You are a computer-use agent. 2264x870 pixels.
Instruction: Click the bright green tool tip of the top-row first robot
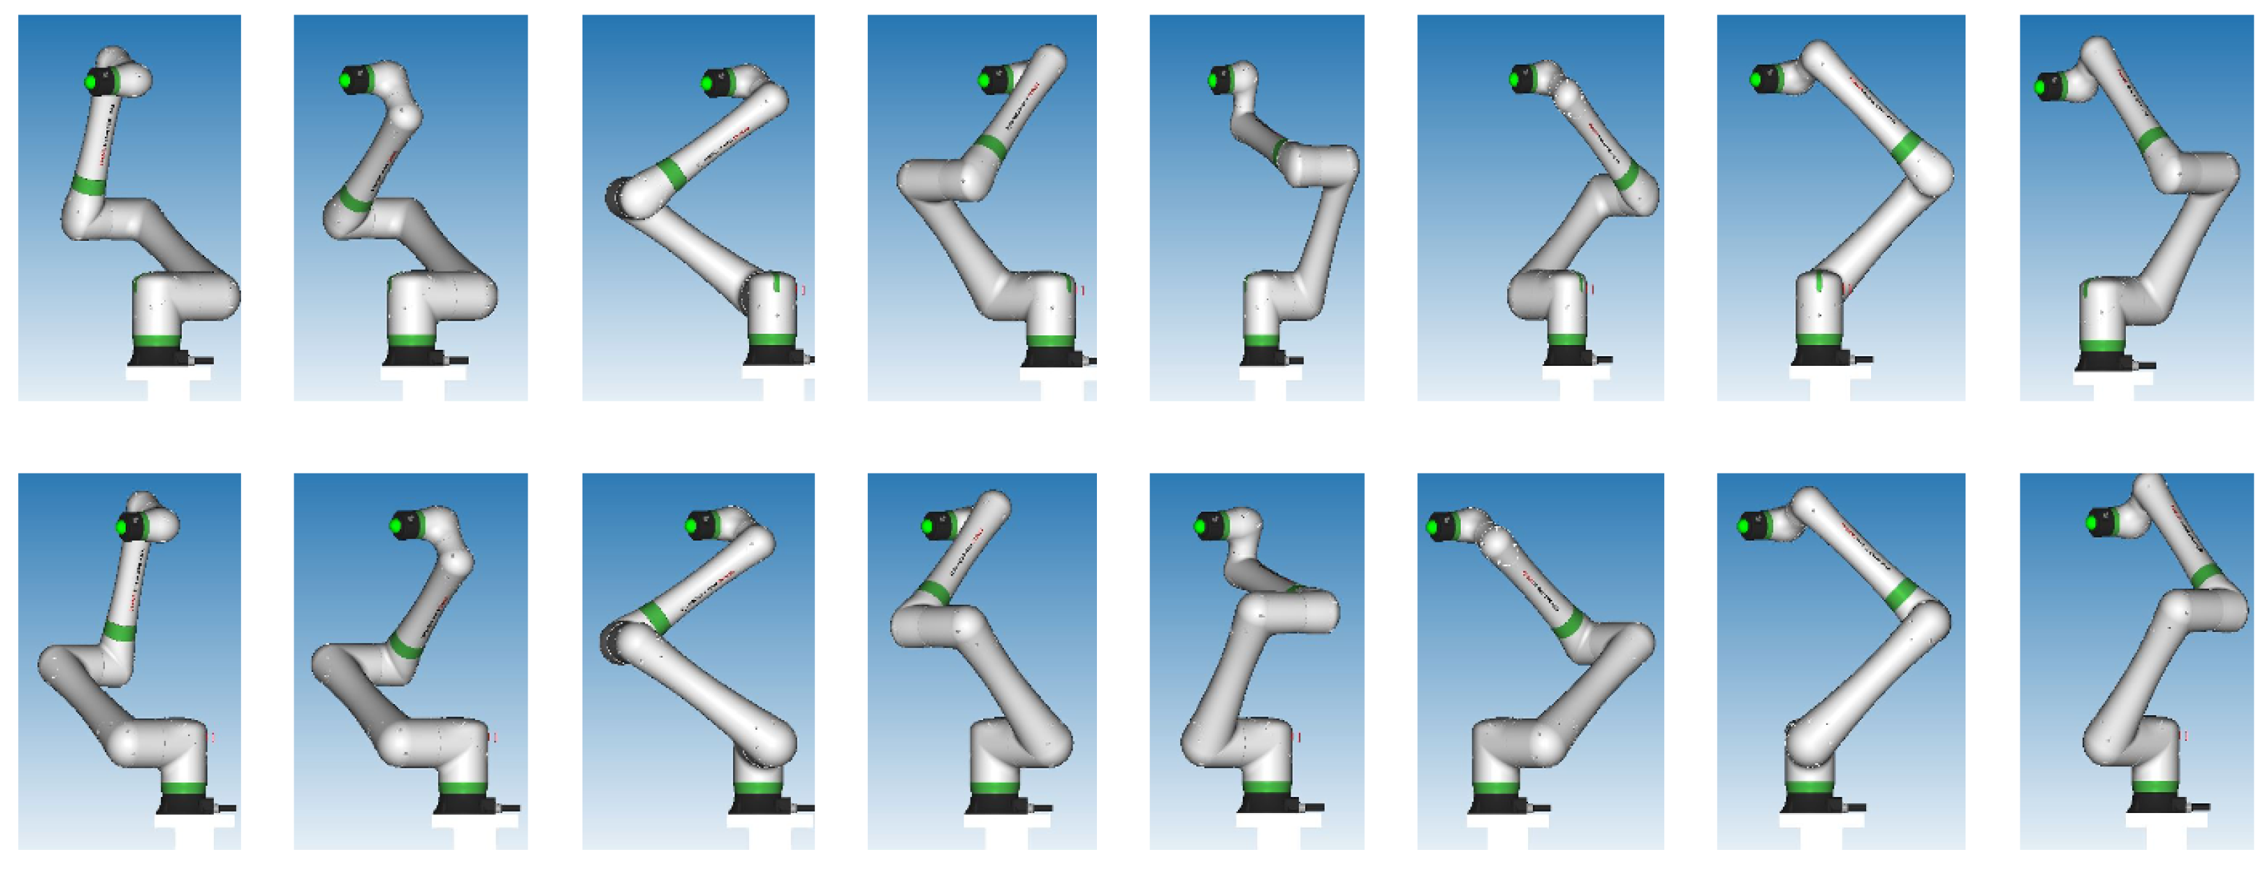click(90, 83)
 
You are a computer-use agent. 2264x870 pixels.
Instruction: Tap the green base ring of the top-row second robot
click(410, 341)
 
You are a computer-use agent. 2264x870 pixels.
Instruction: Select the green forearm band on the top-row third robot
click(671, 174)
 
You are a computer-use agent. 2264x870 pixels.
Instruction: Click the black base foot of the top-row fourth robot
click(1052, 356)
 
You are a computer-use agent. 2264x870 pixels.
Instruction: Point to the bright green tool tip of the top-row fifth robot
click(1214, 81)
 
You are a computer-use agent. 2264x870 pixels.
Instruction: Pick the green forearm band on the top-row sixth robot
click(1625, 176)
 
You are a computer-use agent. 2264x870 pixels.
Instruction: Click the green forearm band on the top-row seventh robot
click(1906, 147)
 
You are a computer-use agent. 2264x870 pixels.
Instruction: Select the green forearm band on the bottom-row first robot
click(119, 631)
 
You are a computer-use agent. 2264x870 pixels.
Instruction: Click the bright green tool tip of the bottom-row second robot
click(396, 526)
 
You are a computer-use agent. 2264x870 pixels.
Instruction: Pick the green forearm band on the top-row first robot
click(88, 186)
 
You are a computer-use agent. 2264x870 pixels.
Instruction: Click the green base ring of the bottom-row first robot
click(185, 788)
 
